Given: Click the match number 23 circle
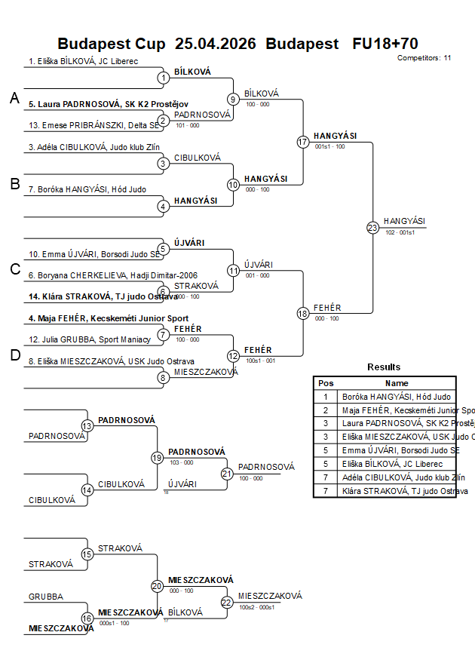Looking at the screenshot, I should point(372,228).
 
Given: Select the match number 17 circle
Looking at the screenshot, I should point(303,142).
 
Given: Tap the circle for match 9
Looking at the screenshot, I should point(234,99).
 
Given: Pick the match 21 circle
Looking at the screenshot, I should point(227,474).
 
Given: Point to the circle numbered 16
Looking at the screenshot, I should point(87,618).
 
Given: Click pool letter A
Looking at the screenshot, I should point(14,98).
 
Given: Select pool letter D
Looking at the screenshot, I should point(14,356).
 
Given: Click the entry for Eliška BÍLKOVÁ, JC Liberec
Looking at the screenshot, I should point(83,61).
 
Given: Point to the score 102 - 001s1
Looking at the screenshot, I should point(399,232).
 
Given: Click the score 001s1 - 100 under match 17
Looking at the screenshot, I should point(329,146).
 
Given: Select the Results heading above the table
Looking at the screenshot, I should point(384,367).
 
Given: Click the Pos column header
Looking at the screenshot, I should point(326,383).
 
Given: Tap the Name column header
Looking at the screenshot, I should point(397,383).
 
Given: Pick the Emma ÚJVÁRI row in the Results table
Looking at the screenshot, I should point(396,450).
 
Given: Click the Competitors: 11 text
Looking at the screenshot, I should point(424,57).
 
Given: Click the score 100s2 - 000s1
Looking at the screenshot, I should point(257,606).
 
